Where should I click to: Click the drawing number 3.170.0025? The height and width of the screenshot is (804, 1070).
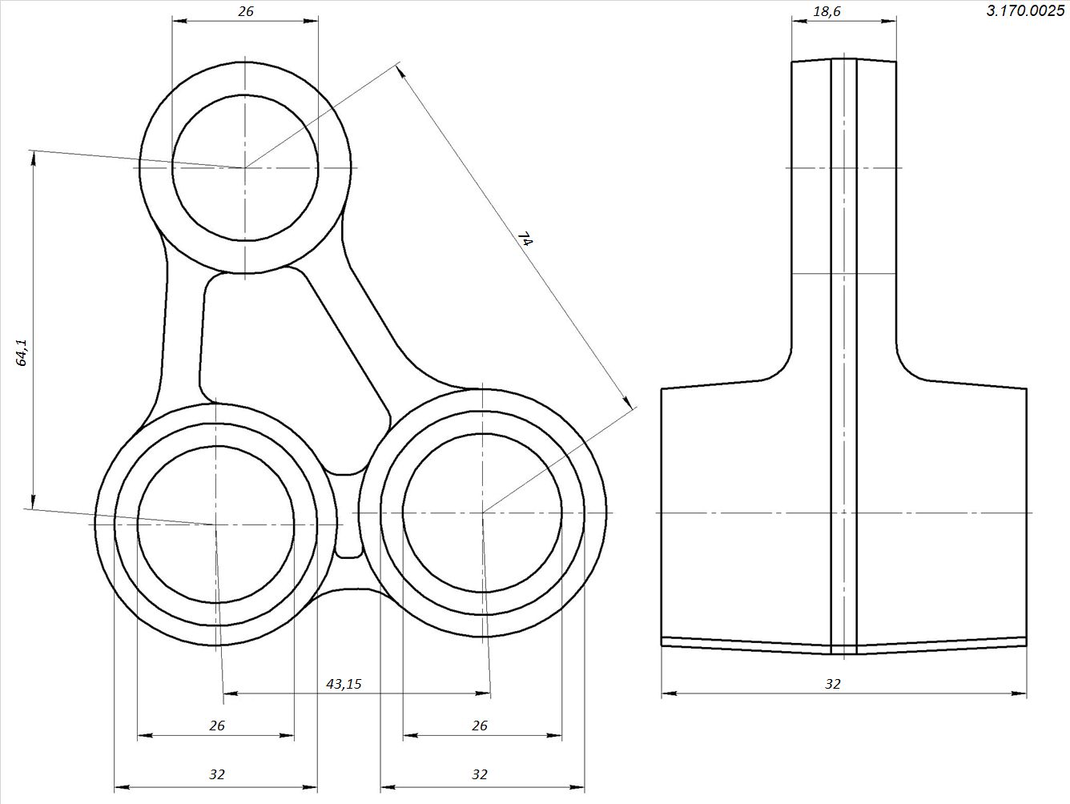1025,10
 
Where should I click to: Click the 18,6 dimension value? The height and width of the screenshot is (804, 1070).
827,12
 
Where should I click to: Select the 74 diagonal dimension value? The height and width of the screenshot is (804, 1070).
526,239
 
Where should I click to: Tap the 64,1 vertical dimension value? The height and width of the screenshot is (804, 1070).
22,352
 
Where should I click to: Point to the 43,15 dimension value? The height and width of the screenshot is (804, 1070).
344,684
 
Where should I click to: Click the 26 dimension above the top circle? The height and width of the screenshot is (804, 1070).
246,11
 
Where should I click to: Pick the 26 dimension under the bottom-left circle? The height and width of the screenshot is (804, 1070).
217,726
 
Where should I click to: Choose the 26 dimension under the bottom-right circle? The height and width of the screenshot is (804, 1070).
479,726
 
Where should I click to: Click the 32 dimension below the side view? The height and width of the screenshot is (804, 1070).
833,684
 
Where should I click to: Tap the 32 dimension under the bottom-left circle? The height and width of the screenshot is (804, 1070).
217,774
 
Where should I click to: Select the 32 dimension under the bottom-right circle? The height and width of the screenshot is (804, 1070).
479,774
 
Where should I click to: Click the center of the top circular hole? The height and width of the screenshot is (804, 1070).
245,167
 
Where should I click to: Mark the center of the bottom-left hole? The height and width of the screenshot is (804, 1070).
215,525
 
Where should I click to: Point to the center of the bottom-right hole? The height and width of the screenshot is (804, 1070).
482,513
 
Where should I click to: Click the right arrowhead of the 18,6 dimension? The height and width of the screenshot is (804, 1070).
889,21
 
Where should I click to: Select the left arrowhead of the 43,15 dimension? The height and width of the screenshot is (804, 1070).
231,693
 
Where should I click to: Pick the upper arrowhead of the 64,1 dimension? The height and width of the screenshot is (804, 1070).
33,159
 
